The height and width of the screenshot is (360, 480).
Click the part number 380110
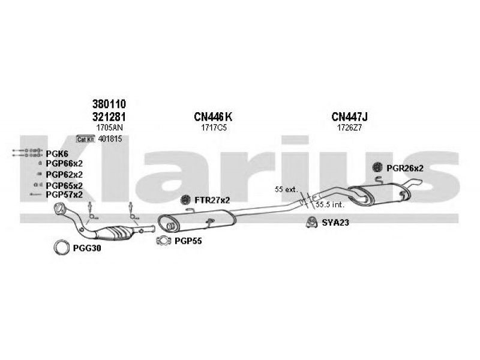[109, 104]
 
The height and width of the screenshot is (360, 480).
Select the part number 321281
[109, 116]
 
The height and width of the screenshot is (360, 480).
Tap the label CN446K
[213, 116]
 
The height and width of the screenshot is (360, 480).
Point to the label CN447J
[349, 116]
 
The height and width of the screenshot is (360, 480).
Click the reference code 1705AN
[109, 128]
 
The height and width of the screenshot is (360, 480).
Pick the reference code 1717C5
[214, 128]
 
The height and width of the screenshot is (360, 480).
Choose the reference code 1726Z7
[349, 128]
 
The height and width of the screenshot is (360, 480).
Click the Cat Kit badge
[85, 139]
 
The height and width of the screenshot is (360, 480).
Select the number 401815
[110, 139]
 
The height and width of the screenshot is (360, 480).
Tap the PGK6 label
[57, 154]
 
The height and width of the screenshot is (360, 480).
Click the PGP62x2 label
[64, 175]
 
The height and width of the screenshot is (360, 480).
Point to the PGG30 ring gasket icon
[61, 247]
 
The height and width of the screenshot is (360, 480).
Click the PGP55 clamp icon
[163, 241]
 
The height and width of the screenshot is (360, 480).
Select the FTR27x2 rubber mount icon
[185, 200]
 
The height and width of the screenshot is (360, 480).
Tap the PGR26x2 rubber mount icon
[377, 167]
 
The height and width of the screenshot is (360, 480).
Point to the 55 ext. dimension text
[286, 190]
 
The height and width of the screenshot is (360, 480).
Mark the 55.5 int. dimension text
[330, 205]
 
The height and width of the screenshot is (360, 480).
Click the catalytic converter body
[114, 232]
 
